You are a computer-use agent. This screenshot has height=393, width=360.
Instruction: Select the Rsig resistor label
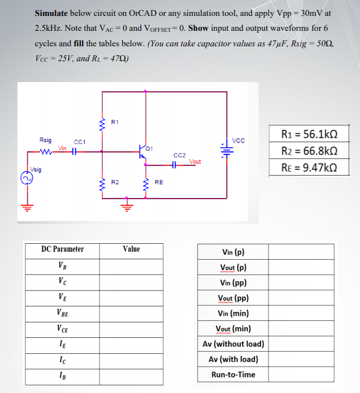click(x=45, y=140)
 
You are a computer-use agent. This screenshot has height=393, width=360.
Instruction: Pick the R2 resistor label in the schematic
click(x=115, y=183)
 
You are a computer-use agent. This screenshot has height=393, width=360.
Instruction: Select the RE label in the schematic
click(x=159, y=183)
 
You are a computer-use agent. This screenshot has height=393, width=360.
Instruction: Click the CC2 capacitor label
click(x=180, y=155)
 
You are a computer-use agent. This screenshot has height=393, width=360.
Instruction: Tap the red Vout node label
click(x=195, y=161)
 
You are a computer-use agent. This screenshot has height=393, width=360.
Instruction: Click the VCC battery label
click(x=239, y=141)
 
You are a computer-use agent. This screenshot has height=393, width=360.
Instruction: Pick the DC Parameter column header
click(x=62, y=249)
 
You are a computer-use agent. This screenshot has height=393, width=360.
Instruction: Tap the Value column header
click(x=131, y=249)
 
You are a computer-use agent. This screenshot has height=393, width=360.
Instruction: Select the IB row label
click(x=62, y=374)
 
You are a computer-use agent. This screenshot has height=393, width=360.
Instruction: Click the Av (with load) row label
click(x=233, y=359)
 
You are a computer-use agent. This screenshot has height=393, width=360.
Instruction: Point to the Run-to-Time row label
click(x=233, y=375)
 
